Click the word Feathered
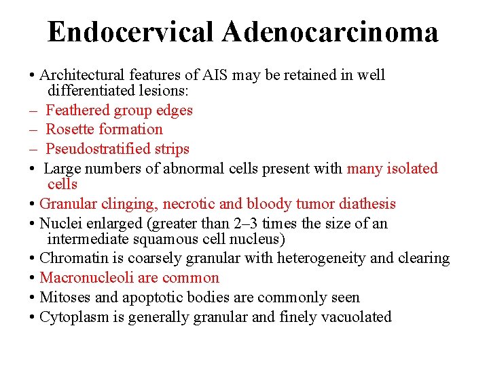(x=77, y=110)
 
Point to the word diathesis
(x=367, y=203)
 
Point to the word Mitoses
(x=64, y=297)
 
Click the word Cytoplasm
(x=71, y=317)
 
